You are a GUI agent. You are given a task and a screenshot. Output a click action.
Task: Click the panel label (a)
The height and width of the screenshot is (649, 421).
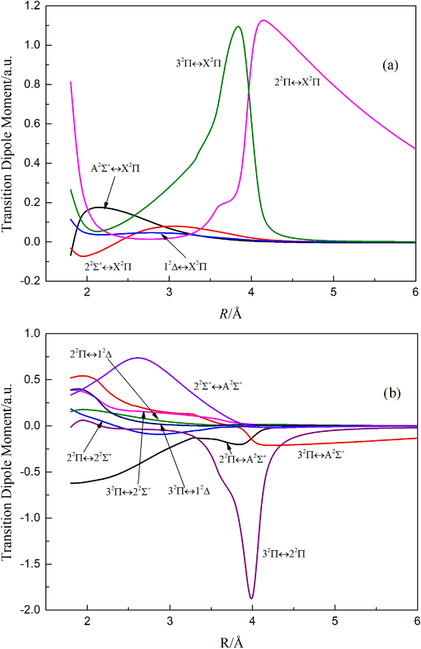pyautogui.click(x=390, y=65)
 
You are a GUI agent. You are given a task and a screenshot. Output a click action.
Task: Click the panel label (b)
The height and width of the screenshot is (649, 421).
pyautogui.click(x=392, y=393)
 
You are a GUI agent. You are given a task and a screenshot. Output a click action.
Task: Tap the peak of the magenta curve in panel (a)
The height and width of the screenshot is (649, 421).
pyautogui.click(x=263, y=20)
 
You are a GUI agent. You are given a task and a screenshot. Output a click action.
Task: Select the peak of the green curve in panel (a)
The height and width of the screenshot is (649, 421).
pyautogui.click(x=238, y=27)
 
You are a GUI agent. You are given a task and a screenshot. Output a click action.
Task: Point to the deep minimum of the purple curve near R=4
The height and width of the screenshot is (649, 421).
pyautogui.click(x=251, y=598)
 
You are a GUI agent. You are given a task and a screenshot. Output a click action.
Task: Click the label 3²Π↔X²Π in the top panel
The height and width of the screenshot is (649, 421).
pyautogui.click(x=198, y=63)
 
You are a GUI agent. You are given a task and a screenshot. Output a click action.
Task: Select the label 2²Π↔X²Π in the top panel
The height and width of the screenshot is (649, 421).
pyautogui.click(x=297, y=81)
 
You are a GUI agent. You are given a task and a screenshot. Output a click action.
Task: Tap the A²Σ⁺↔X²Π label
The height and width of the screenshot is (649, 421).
pyautogui.click(x=115, y=168)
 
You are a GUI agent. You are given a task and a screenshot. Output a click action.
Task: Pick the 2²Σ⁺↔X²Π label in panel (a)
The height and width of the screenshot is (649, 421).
pyautogui.click(x=108, y=266)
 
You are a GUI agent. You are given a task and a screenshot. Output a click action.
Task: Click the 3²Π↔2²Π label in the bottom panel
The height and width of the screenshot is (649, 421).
pyautogui.click(x=284, y=554)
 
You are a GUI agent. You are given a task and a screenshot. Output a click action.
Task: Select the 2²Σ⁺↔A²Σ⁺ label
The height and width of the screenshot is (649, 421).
pyautogui.click(x=218, y=386)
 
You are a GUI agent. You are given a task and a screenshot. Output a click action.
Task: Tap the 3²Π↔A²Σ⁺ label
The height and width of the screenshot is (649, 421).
pyautogui.click(x=321, y=455)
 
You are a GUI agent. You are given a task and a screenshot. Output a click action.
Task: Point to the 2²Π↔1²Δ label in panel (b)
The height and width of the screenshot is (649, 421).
pyautogui.click(x=91, y=354)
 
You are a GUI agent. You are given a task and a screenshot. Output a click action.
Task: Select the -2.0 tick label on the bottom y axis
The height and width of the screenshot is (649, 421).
pyautogui.click(x=30, y=610)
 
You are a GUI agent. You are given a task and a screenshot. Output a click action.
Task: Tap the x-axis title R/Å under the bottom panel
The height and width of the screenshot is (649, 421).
pyautogui.click(x=231, y=642)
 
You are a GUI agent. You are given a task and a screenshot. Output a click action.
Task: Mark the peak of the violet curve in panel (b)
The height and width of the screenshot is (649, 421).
pyautogui.click(x=138, y=358)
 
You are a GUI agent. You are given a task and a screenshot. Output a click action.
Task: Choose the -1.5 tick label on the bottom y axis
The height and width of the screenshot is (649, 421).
pyautogui.click(x=30, y=564)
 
